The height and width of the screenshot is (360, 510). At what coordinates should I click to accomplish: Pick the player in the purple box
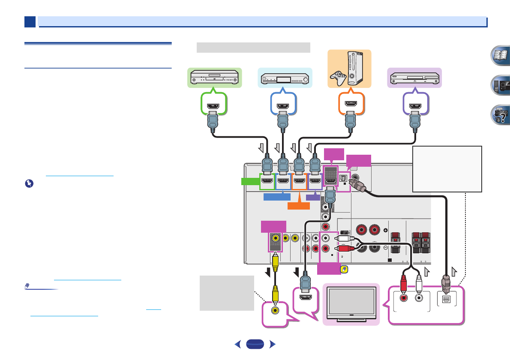[x=414, y=78]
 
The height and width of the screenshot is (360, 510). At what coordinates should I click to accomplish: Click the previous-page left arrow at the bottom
[x=238, y=344]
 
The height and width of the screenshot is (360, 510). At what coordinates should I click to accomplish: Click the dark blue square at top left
[x=30, y=22]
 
